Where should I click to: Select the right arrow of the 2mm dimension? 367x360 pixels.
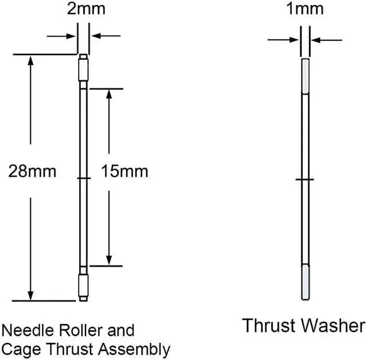(97, 36)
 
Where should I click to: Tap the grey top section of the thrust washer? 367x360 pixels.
(306, 76)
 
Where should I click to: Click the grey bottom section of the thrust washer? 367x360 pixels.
(306, 281)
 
